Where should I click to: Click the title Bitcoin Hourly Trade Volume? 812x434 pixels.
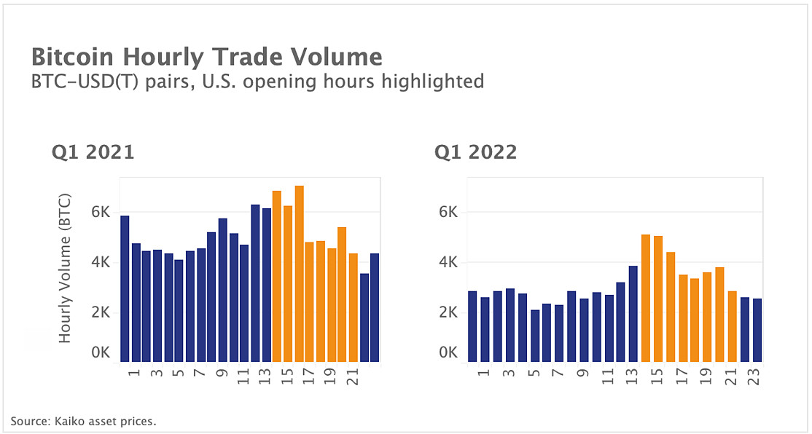[206, 57]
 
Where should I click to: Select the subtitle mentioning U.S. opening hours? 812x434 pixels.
[257, 81]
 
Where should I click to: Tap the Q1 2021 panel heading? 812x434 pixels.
[93, 152]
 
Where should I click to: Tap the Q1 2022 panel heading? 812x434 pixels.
[476, 152]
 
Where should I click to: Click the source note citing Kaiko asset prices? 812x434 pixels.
[84, 421]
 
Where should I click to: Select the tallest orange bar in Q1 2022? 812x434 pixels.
[645, 298]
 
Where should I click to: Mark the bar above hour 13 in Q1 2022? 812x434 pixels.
[633, 314]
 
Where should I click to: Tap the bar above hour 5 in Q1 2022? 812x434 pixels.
[534, 336]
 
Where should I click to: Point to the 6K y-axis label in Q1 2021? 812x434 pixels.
[100, 212]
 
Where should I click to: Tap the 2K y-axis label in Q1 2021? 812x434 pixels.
[100, 312]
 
